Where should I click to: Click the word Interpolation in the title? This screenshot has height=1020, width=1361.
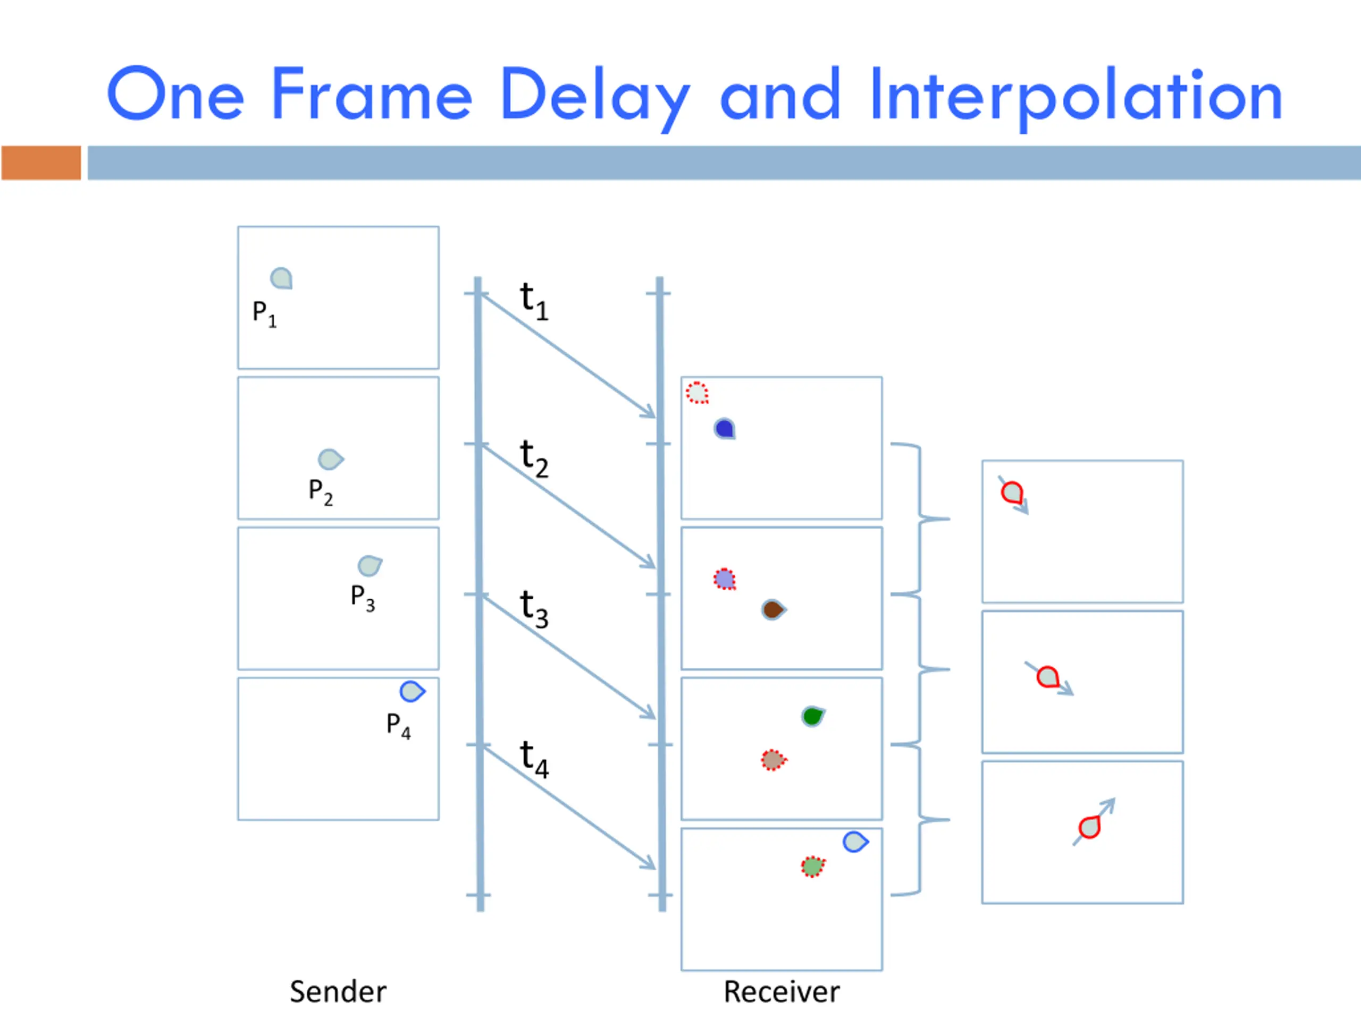click(x=1076, y=95)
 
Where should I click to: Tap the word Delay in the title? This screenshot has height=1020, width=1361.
click(x=594, y=95)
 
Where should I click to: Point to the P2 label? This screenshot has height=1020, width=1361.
click(x=321, y=492)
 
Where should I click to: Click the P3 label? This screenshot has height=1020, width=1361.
click(x=363, y=598)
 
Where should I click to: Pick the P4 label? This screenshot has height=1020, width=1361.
click(x=398, y=726)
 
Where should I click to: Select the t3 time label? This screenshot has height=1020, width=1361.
click(x=533, y=608)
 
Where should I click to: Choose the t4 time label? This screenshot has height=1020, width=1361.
click(x=533, y=759)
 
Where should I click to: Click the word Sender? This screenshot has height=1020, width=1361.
click(x=338, y=992)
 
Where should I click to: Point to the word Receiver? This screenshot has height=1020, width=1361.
click(x=782, y=992)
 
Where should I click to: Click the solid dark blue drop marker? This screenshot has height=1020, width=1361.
click(x=725, y=429)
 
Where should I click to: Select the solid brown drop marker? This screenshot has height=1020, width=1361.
click(x=773, y=610)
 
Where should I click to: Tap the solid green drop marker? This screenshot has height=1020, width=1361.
click(x=812, y=716)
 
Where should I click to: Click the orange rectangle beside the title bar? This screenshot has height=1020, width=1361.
click(x=41, y=163)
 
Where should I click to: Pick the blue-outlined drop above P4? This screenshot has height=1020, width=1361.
click(x=411, y=691)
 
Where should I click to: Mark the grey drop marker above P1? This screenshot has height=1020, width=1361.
click(x=281, y=278)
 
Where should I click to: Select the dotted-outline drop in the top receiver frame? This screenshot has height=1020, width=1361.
click(x=697, y=392)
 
